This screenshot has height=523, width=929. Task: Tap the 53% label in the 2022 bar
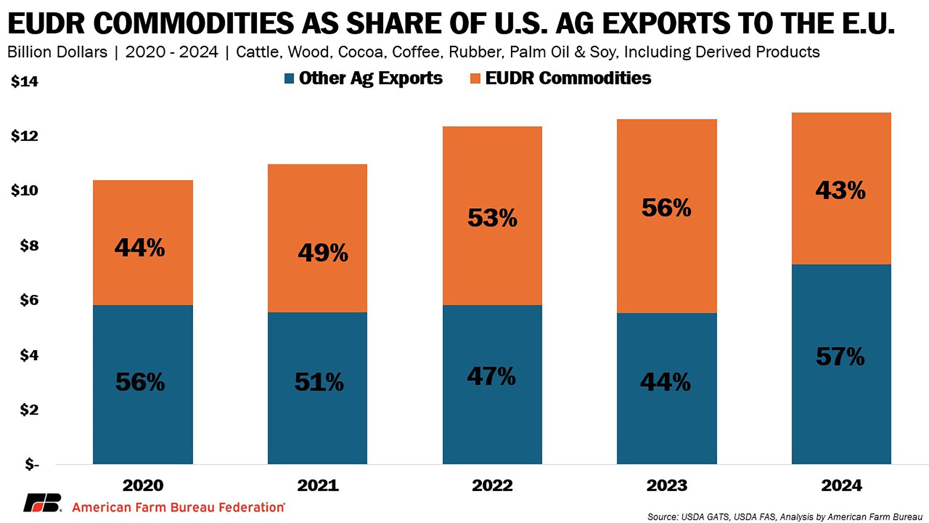pyautogui.click(x=492, y=218)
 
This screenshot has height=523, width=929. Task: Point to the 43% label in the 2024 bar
pyautogui.click(x=840, y=190)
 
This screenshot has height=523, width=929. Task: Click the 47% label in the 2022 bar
pyautogui.click(x=491, y=376)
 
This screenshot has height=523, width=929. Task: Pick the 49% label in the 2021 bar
pyautogui.click(x=323, y=253)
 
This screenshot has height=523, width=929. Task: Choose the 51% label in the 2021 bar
pyautogui.click(x=319, y=382)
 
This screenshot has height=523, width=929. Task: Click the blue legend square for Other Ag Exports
pyautogui.click(x=289, y=78)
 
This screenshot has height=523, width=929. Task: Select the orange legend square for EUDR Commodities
pyautogui.click(x=475, y=78)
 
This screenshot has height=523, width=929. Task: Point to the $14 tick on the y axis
pyautogui.click(x=25, y=81)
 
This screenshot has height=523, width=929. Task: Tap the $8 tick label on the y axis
pyautogui.click(x=29, y=246)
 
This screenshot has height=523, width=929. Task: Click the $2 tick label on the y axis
pyautogui.click(x=29, y=410)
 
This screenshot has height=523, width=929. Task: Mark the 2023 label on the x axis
pyautogui.click(x=667, y=485)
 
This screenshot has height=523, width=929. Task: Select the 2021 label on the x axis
pyautogui.click(x=318, y=485)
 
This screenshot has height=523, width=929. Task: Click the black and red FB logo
pyautogui.click(x=43, y=503)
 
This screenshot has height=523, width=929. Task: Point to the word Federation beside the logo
pyautogui.click(x=252, y=507)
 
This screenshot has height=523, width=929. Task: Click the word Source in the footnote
pyautogui.click(x=662, y=517)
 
